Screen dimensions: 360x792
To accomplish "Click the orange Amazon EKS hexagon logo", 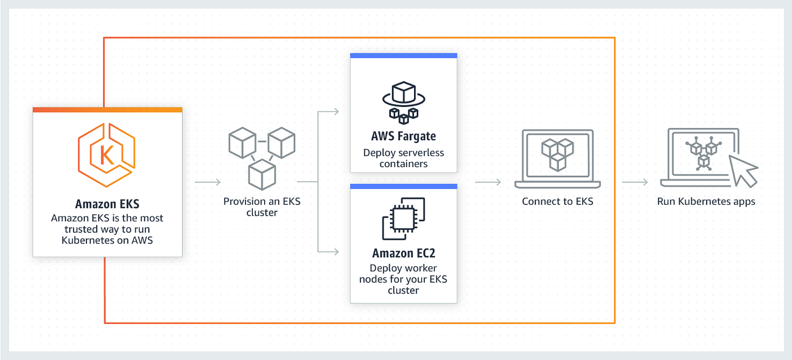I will pos(107,153).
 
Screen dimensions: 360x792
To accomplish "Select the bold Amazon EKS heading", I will pos(107,204).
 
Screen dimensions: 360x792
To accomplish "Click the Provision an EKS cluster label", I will pos(261,207).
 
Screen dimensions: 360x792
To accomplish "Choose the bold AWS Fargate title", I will pos(403,136).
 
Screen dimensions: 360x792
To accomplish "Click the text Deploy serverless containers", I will pos(403,158).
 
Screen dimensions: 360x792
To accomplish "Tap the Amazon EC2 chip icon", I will pos(403,219).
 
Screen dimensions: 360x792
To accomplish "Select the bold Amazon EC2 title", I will pos(403,253).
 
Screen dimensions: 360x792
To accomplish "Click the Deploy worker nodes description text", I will pos(403,279).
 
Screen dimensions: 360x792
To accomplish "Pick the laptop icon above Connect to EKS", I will pos(557,158).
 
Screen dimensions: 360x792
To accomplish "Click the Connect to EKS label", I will pos(557,201).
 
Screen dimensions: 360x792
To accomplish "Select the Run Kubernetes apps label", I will pos(705,201).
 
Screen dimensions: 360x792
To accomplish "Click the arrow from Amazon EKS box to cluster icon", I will pos(208,182).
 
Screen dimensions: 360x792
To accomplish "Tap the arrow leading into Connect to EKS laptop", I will pos(488,182).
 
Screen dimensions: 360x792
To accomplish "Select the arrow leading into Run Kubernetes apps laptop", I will pos(635,182).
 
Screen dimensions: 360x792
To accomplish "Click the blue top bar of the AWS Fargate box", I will pos(403,55).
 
